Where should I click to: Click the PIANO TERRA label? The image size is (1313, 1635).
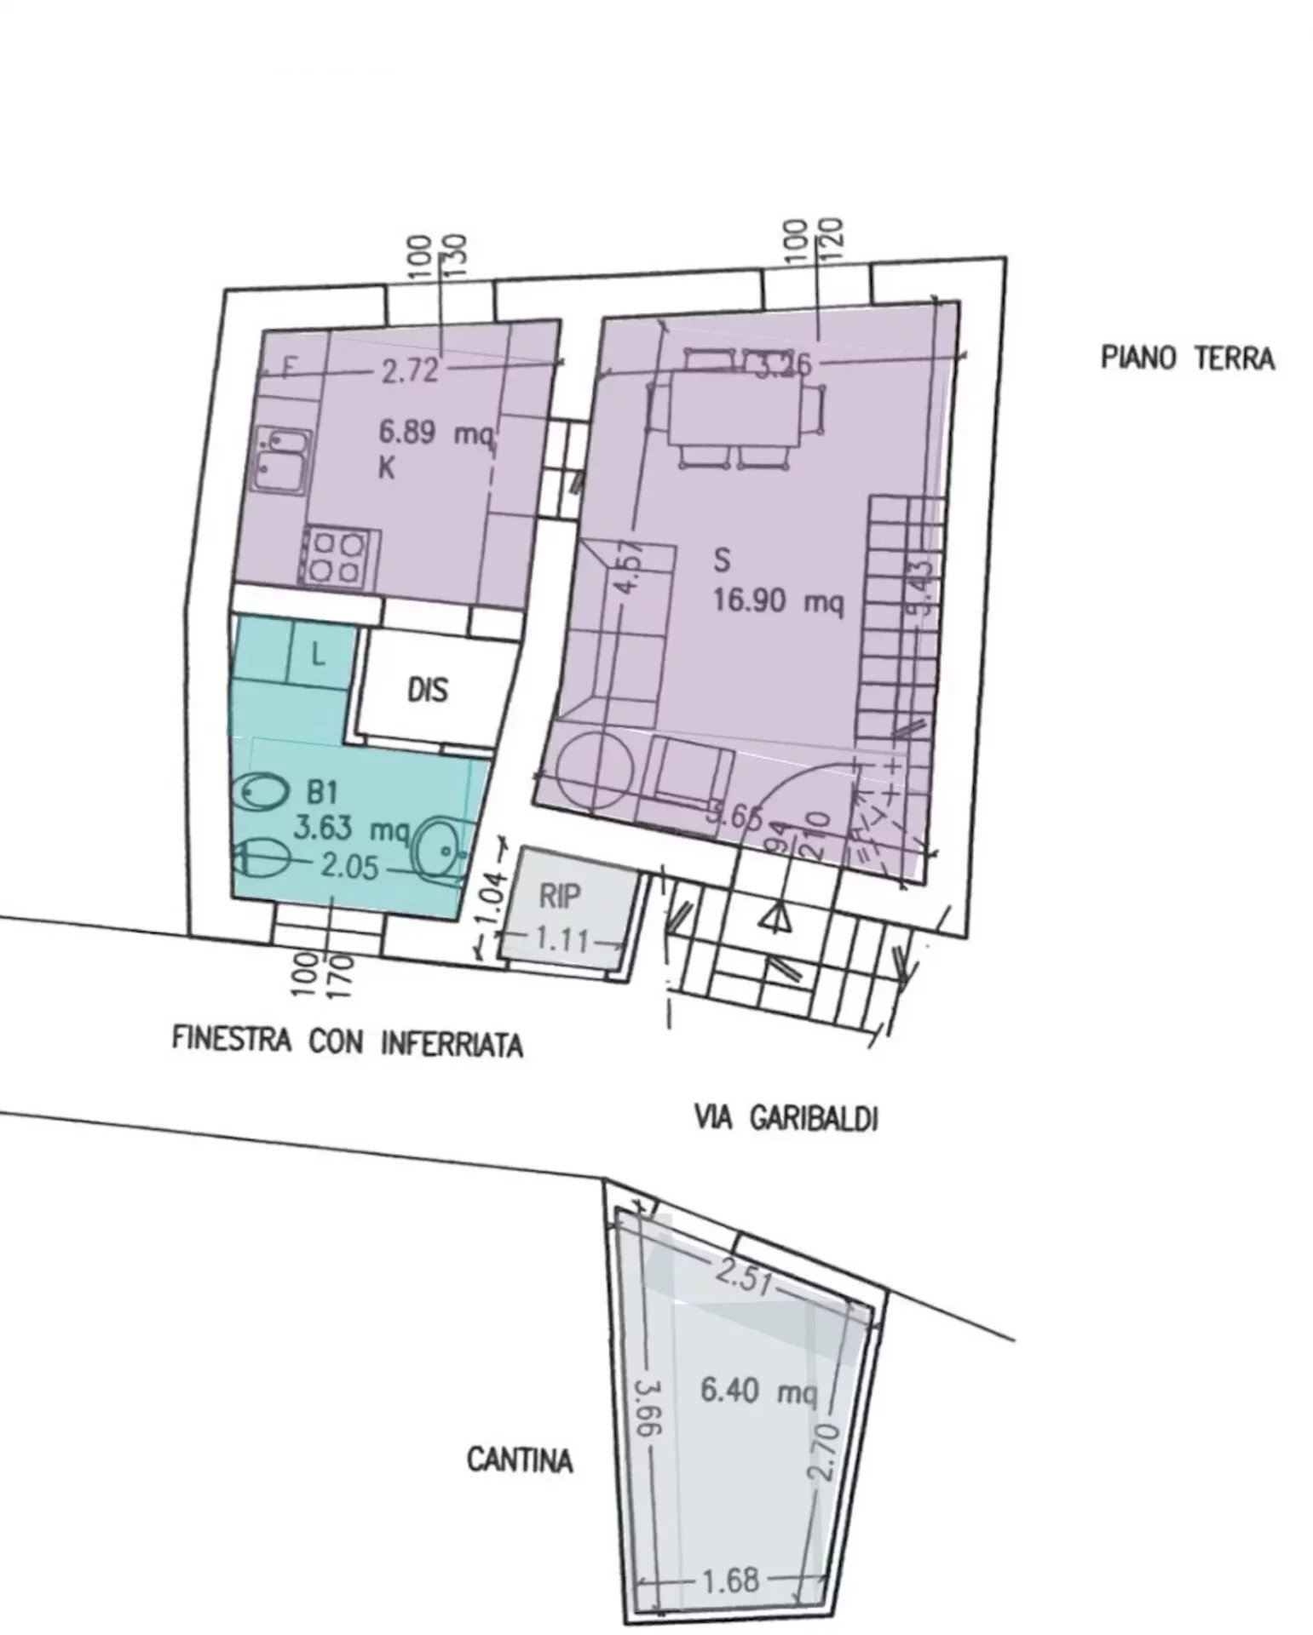pyautogui.click(x=1187, y=359)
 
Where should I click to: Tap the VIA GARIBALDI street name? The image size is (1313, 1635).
pyautogui.click(x=786, y=1117)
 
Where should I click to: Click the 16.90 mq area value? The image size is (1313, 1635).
pyautogui.click(x=777, y=603)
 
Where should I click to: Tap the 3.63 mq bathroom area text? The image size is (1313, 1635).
pyautogui.click(x=351, y=828)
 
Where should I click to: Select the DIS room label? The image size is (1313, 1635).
pyautogui.click(x=427, y=690)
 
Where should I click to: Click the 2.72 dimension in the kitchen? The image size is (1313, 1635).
pyautogui.click(x=410, y=371)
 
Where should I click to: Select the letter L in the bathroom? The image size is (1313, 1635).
pyautogui.click(x=317, y=655)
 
